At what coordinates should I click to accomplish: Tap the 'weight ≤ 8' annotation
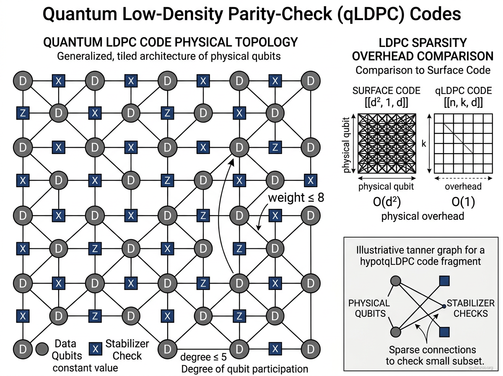click(x=296, y=197)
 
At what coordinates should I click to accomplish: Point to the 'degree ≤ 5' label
click(x=203, y=357)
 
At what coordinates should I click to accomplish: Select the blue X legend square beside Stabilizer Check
click(x=95, y=349)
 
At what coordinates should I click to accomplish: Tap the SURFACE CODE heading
click(x=386, y=91)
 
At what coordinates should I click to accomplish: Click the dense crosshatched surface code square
click(x=386, y=143)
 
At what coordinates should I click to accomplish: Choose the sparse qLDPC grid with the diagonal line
click(x=463, y=143)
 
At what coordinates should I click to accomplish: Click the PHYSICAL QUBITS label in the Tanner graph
click(x=369, y=308)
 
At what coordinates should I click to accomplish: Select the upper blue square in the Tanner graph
click(x=444, y=282)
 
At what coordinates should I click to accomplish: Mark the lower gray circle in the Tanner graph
click(x=395, y=332)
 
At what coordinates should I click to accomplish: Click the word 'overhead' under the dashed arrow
click(x=463, y=187)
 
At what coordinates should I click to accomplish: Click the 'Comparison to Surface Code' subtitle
click(x=423, y=70)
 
